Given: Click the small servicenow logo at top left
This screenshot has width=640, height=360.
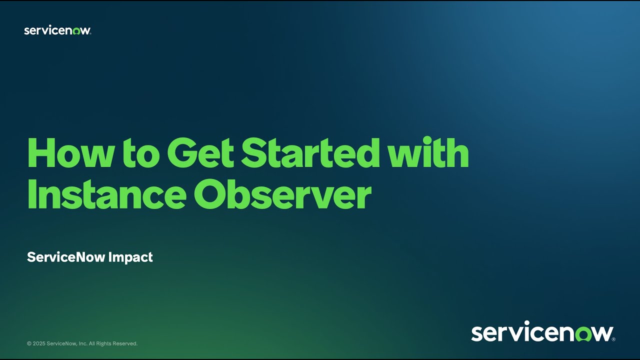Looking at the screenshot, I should (57, 30).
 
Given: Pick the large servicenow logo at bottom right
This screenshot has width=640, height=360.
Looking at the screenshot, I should (542, 332).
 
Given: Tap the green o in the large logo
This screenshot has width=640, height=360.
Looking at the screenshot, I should (582, 333).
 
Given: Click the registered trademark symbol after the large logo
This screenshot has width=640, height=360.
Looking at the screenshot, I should (613, 339).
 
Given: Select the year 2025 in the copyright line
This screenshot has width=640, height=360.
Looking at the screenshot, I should (39, 343).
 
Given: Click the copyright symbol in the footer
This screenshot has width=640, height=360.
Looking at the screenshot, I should (29, 343).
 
